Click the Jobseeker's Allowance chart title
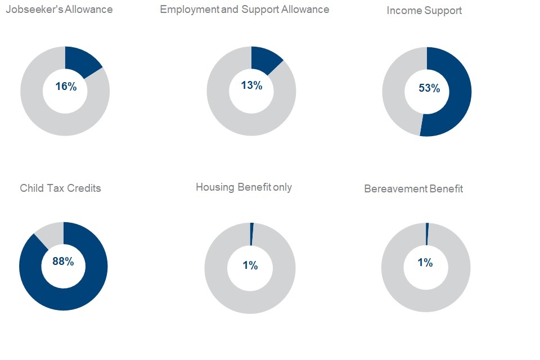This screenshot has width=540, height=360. tap(58, 10)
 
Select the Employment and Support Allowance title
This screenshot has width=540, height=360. tap(244, 10)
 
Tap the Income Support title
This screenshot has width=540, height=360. tap(424, 11)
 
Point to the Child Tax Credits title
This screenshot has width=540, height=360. tap(60, 188)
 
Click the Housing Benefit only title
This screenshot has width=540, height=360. tap(244, 187)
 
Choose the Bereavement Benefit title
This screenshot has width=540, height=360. tap(413, 189)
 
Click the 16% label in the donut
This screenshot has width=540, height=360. tap(65, 87)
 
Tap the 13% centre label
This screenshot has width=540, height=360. tap(251, 85)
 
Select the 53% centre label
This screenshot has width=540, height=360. tap(429, 88)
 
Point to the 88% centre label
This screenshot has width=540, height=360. tap(63, 262)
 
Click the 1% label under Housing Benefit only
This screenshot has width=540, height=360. tap(250, 265)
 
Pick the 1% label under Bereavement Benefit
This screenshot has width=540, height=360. tap(425, 263)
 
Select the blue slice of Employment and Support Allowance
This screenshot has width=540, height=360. tap(264, 60)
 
